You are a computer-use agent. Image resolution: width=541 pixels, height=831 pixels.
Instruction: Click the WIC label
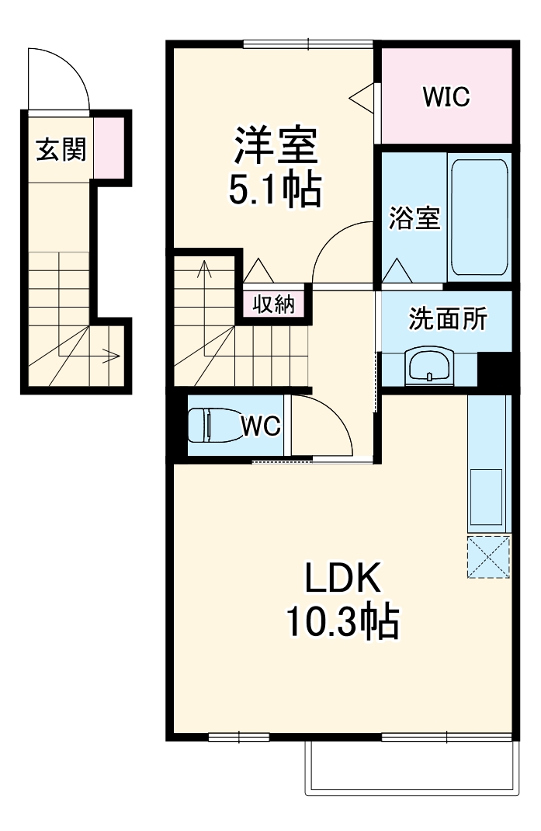[446, 97]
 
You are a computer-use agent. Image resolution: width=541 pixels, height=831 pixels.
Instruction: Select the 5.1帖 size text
[275, 188]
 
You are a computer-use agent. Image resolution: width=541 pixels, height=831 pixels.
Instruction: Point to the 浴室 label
[414, 218]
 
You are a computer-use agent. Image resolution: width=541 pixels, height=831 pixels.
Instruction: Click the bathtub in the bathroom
[479, 217]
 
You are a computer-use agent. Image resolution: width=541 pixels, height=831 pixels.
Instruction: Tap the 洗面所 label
[448, 318]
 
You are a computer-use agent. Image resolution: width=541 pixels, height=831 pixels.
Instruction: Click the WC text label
[258, 426]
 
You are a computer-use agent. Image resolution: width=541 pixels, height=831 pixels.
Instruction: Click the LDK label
[342, 579]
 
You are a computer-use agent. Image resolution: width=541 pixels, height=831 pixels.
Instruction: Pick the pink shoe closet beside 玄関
[109, 147]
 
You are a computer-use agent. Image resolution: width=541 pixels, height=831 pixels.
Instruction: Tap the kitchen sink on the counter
[488, 497]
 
